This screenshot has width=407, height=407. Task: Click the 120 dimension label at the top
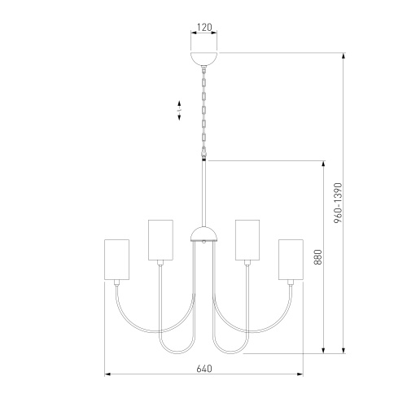(x=204, y=27)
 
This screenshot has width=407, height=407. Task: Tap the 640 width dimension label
(x=204, y=369)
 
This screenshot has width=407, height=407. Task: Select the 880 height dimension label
(x=317, y=257)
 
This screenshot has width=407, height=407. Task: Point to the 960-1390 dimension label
(x=338, y=203)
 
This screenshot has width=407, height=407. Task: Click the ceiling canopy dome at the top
(x=204, y=59)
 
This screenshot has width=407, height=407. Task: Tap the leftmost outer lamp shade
(x=116, y=260)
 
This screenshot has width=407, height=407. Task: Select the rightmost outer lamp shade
(x=291, y=260)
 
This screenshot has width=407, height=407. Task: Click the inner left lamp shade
(x=160, y=240)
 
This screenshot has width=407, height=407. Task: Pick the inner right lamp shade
(x=247, y=240)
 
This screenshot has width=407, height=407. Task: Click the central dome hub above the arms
(x=204, y=234)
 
